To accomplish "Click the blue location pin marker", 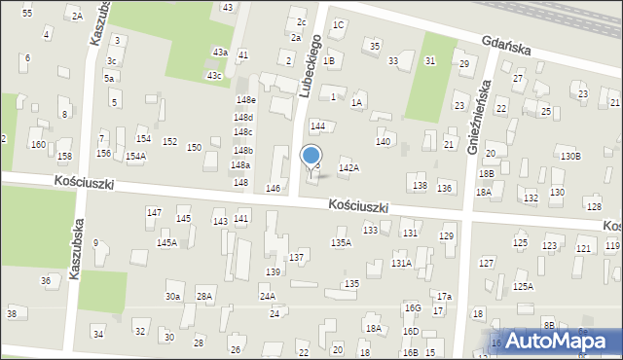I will tap(311, 158).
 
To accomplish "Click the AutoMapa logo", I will tap(557, 341).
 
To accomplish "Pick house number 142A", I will tap(348, 168).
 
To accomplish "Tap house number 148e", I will tap(244, 100).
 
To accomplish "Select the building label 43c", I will tap(214, 75).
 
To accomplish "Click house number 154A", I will tap(135, 156).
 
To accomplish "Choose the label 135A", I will tap(341, 242).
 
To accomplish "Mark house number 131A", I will tap(401, 263).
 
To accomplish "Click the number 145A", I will tap(167, 242).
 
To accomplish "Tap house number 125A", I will tap(524, 286).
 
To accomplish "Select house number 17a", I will tap(444, 296).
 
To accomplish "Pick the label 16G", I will tap(413, 307).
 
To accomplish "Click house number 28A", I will tap(203, 296).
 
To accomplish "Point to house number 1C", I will tap(338, 24).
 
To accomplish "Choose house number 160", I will tap(37, 144).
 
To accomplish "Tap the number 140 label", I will tap(384, 142).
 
